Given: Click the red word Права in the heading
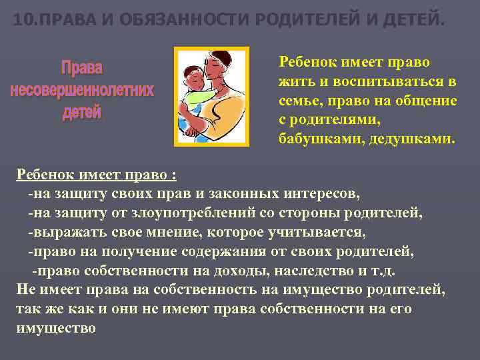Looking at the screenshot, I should (82, 68).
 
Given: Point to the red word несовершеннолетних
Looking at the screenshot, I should (82, 90).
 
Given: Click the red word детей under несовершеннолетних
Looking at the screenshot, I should (82, 112).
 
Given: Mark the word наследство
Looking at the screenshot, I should (310, 271).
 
